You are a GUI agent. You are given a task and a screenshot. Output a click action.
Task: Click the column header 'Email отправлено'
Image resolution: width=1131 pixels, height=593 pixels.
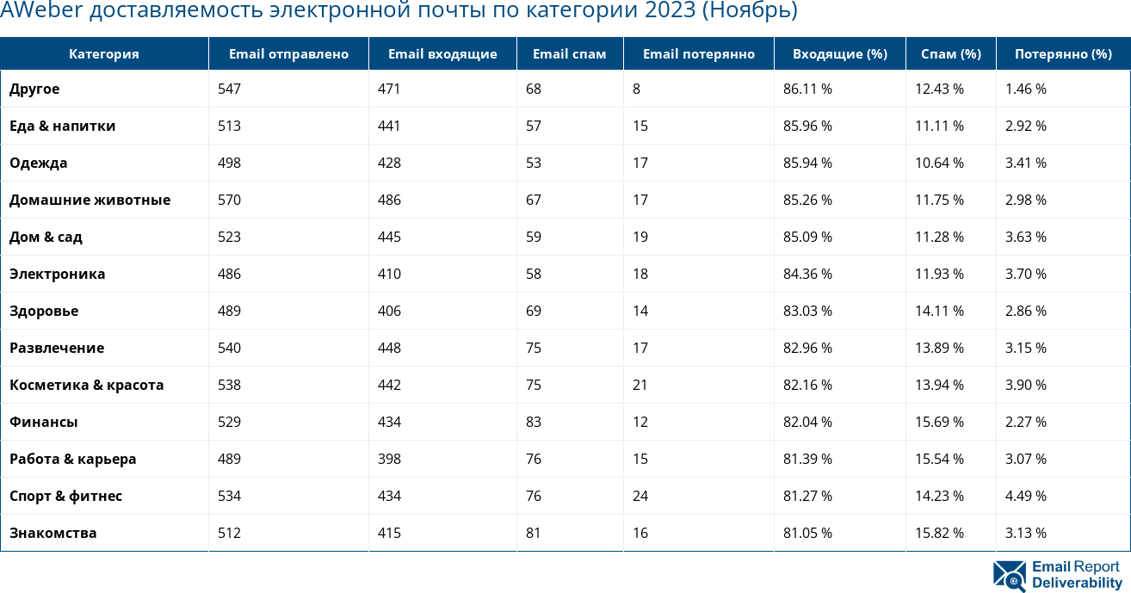pos(288,54)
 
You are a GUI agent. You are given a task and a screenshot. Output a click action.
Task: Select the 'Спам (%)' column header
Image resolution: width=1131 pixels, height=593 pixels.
pos(950,54)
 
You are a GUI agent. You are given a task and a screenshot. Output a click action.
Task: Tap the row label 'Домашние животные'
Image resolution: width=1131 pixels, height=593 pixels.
pos(90,201)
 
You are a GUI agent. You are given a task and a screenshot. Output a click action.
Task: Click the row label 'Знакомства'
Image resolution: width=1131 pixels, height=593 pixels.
pos(53,534)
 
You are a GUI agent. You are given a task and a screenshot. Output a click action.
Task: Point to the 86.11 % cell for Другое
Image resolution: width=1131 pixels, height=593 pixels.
pos(807,90)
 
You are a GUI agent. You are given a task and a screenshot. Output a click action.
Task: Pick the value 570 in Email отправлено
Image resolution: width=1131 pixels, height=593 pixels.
pos(229,201)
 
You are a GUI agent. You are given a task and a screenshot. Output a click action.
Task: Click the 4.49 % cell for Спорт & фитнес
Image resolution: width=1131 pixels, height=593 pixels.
pos(1025,497)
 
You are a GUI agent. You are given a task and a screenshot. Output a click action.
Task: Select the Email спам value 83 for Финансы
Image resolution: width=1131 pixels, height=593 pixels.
pos(534,423)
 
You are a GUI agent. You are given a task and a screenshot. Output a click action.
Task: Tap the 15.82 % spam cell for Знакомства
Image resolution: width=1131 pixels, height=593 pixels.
pos(939,534)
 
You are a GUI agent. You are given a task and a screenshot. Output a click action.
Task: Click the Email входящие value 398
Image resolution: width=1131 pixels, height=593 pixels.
pos(389,460)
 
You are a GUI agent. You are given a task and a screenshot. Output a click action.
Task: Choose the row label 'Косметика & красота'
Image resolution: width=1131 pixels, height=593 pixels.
pos(86,386)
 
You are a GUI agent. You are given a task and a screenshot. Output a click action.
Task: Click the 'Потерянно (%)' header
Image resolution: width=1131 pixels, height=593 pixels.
pos(1063,54)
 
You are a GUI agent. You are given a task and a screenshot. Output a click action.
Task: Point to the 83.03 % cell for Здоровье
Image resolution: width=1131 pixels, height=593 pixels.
pos(807,312)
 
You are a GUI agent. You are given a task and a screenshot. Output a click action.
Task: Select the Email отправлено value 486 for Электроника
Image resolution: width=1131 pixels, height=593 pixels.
pos(229,275)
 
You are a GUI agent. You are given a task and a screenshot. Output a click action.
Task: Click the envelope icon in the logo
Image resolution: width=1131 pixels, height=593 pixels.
pos(1009,576)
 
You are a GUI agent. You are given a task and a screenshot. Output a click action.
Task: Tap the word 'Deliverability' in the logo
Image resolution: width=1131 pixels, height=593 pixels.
pos(1077,583)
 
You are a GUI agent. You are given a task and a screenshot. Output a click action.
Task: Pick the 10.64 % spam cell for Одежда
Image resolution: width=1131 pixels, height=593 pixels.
pos(939,164)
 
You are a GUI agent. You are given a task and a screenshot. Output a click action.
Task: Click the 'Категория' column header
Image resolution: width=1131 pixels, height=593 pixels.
pos(103,54)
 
